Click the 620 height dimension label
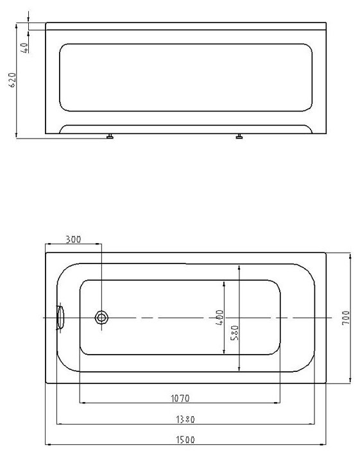click(x=12, y=80)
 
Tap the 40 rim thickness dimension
click(x=25, y=48)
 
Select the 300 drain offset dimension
click(x=73, y=239)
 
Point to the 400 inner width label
click(x=220, y=317)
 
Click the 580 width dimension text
click(x=234, y=333)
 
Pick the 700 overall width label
click(x=346, y=317)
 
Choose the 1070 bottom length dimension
click(x=180, y=398)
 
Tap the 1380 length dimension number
click(x=185, y=419)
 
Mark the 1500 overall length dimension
click(x=185, y=440)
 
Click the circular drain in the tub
click(x=101, y=317)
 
